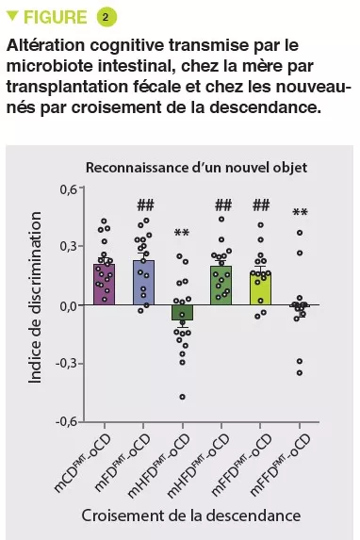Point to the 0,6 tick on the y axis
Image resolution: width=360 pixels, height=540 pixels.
tap(64, 189)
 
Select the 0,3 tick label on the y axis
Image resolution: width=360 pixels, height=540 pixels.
tap(64, 247)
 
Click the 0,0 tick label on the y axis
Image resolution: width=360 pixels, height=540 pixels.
tap(64, 305)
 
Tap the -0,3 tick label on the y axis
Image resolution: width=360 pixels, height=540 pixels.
tap(62, 364)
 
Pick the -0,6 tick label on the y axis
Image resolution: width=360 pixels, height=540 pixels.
tap(62, 421)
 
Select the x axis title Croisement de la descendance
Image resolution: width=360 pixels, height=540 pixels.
tap(191, 515)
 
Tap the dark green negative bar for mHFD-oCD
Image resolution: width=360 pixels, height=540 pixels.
tap(182, 313)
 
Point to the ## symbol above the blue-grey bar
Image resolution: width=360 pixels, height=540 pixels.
tap(144, 205)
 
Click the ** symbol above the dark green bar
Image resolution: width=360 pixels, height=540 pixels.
tap(182, 234)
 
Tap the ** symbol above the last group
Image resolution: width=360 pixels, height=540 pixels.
tap(300, 213)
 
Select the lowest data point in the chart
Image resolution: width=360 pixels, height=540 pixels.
tap(182, 397)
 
